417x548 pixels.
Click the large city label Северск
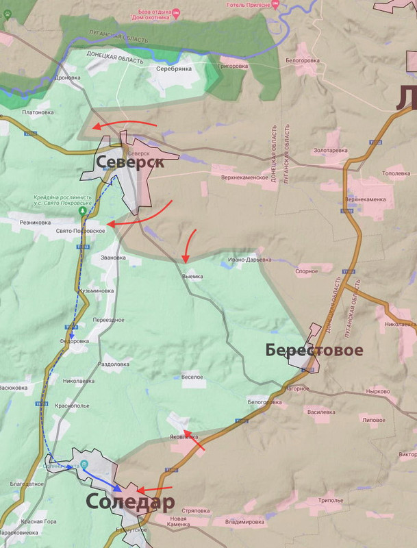[129, 162]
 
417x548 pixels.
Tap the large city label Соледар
[130, 501]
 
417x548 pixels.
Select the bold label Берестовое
[314, 351]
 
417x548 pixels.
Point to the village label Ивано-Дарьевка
[250, 260]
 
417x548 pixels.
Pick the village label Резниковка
[35, 222]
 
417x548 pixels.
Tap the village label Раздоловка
[114, 364]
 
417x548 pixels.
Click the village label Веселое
[192, 376]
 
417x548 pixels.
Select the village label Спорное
[306, 271]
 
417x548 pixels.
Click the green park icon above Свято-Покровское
[83, 212]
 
